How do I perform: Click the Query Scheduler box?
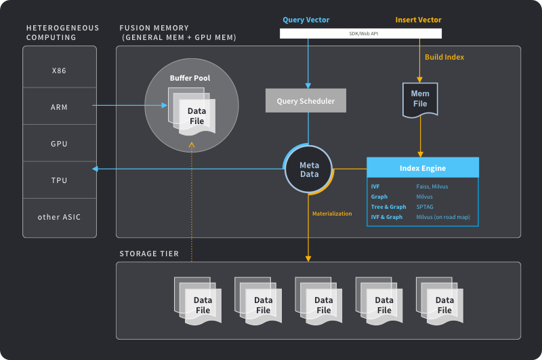[x=306, y=102]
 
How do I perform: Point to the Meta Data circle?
[x=309, y=169]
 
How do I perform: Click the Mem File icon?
[x=420, y=99]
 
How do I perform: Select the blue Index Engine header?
[x=423, y=167]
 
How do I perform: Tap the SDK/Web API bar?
[x=361, y=33]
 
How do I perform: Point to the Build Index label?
[x=444, y=57]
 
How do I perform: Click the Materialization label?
[x=332, y=214]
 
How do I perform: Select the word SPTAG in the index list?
[x=425, y=207]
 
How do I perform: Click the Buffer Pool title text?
[x=190, y=78]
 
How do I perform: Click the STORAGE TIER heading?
[x=149, y=254]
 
